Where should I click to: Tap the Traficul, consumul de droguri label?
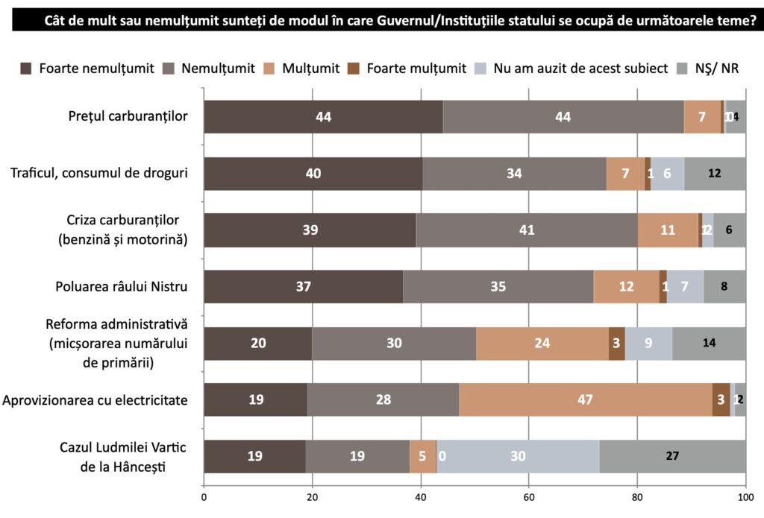tap(98, 173)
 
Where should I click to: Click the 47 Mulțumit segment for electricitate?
tap(585, 399)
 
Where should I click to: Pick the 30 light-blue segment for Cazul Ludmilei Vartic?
tap(518, 456)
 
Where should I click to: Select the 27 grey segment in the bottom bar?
tap(672, 456)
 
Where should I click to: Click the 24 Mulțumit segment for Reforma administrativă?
tap(542, 343)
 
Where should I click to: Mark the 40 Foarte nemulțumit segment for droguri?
tap(313, 173)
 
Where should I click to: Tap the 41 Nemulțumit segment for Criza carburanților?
tap(527, 230)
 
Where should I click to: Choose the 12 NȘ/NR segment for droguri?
tap(714, 173)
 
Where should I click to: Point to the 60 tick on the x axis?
tap(529, 497)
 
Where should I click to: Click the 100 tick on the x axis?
tap(745, 497)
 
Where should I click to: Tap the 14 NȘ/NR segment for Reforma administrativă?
tap(709, 343)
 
